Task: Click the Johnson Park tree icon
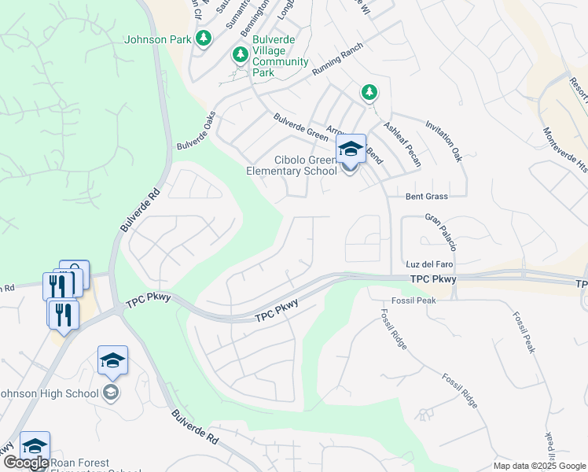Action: [x=204, y=39]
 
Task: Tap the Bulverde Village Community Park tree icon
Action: [x=240, y=55]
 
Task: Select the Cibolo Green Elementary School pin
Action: [x=351, y=149]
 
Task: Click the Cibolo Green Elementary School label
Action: [x=292, y=165]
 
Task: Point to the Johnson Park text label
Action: [x=157, y=39]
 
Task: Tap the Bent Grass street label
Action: [x=427, y=196]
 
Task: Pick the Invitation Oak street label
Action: [x=442, y=142]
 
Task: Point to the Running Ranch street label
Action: [x=340, y=59]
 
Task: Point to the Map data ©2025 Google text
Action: [x=539, y=466]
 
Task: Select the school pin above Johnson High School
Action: [x=112, y=361]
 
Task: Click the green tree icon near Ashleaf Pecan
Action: [x=369, y=93]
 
